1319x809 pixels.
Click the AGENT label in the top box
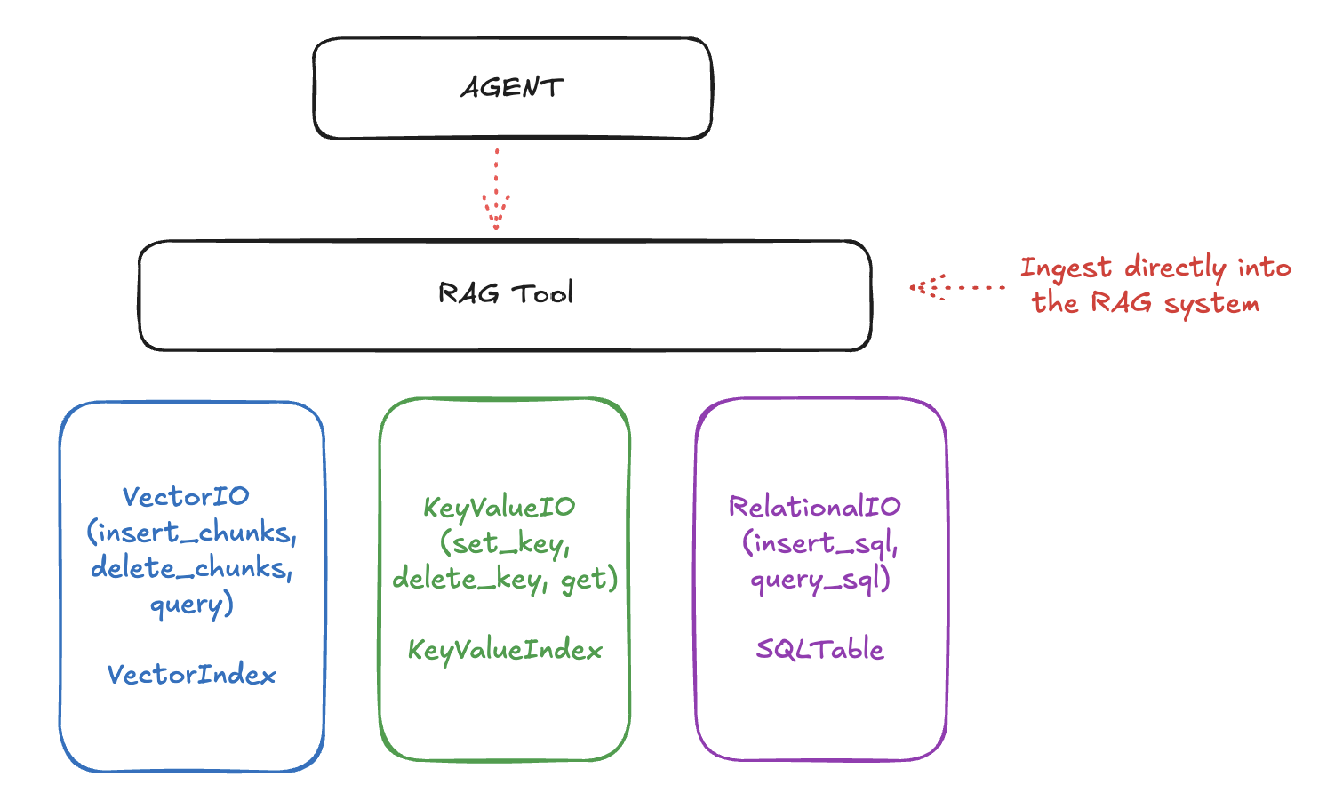click(x=512, y=87)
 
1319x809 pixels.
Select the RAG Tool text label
click(x=505, y=293)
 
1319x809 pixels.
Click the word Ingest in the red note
click(x=1066, y=268)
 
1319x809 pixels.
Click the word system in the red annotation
click(x=1211, y=304)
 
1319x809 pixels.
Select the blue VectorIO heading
click(x=186, y=496)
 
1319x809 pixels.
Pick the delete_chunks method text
click(x=189, y=568)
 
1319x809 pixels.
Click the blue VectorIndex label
click(x=191, y=675)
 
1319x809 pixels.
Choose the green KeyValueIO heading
click(x=499, y=508)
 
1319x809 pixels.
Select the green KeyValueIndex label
click(x=504, y=650)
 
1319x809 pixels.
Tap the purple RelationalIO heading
click(x=814, y=507)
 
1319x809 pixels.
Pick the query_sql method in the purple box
click(x=818, y=580)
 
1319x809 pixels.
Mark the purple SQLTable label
click(x=819, y=649)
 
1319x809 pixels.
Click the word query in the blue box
click(x=188, y=605)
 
